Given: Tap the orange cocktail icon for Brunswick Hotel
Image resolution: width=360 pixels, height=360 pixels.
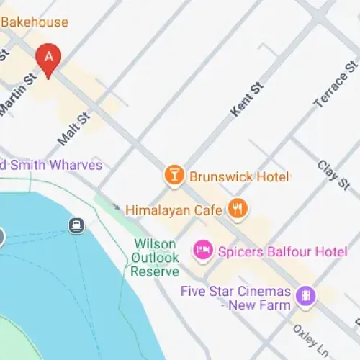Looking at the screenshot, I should pyautogui.click(x=174, y=175).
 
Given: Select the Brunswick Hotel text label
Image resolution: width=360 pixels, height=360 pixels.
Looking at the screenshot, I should pyautogui.click(x=239, y=176).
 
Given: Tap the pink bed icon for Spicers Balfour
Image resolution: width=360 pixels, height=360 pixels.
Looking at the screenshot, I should pyautogui.click(x=202, y=251).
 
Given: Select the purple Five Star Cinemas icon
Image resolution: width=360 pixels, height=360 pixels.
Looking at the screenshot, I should pyautogui.click(x=306, y=296).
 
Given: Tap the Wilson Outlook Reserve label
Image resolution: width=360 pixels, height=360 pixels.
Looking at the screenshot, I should pyautogui.click(x=155, y=258).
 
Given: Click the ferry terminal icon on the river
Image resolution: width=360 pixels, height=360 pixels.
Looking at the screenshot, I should pyautogui.click(x=75, y=225).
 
